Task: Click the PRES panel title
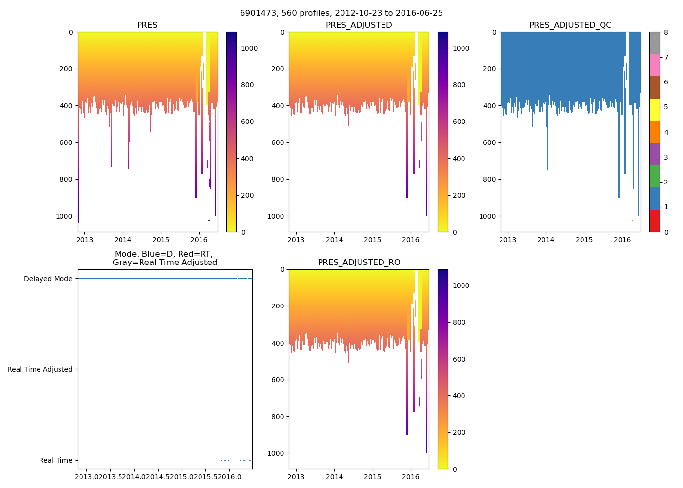[147, 25]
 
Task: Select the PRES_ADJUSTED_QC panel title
[570, 25]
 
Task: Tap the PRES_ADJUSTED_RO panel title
[359, 263]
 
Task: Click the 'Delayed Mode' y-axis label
[48, 279]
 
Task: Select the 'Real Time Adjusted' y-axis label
[40, 369]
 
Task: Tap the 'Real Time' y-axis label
[56, 460]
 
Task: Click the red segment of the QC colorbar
[654, 221]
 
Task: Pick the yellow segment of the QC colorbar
[654, 109]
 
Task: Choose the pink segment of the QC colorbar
[654, 65]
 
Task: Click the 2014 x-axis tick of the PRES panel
[123, 240]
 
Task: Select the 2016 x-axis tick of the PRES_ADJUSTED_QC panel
[622, 240]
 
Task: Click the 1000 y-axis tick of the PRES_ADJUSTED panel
[276, 216]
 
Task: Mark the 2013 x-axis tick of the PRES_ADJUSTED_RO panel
[296, 477]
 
